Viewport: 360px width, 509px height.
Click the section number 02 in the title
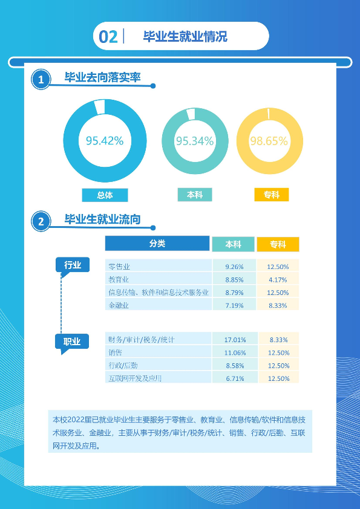(x=108, y=37)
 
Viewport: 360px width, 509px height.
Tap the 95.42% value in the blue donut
(x=105, y=141)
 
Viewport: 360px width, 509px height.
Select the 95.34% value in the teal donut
(x=195, y=141)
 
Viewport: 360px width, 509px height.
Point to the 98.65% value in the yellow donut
(x=269, y=141)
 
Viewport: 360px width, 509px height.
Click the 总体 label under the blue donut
(x=105, y=195)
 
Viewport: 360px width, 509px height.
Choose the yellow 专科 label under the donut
(x=271, y=195)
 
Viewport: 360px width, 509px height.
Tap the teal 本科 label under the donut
(x=195, y=195)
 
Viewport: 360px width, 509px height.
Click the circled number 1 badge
(x=41, y=80)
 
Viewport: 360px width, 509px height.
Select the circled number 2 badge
(x=41, y=222)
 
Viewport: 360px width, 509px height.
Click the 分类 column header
(x=157, y=244)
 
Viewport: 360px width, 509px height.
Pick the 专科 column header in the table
(x=278, y=244)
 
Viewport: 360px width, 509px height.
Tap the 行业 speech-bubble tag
(x=73, y=266)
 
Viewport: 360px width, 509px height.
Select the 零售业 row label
(x=119, y=267)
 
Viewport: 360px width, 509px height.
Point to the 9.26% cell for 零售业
(x=234, y=267)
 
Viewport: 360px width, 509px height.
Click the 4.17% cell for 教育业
(x=278, y=279)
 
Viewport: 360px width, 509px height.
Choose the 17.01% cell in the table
(x=235, y=340)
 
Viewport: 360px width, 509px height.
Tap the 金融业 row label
(x=119, y=305)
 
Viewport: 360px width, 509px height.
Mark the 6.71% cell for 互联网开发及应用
(x=235, y=378)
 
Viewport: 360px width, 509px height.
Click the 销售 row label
(x=116, y=352)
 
